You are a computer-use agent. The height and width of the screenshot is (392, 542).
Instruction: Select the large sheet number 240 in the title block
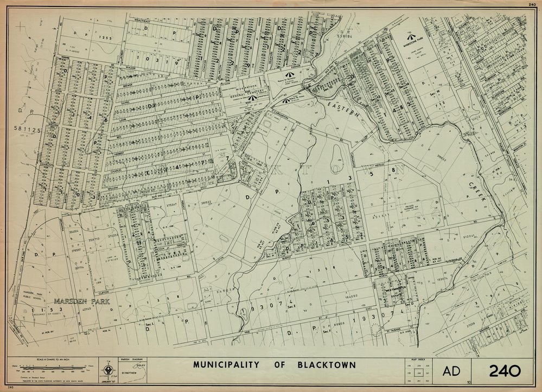[x=505, y=371]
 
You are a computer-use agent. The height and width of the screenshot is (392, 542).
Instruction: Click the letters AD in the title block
[x=451, y=371]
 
